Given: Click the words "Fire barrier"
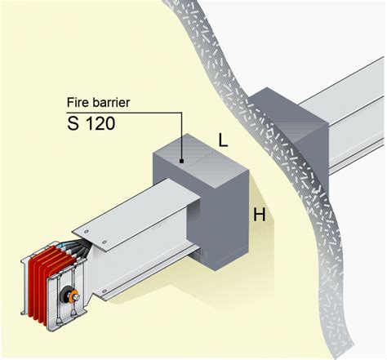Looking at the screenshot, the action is [x=98, y=103].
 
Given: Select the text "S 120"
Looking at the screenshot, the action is [x=91, y=123].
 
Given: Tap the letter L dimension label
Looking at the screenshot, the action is [x=223, y=141].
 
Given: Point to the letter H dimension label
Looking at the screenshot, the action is [x=260, y=215].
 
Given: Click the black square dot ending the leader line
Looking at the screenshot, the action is [x=181, y=162].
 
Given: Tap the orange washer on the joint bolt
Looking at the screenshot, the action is [x=73, y=296].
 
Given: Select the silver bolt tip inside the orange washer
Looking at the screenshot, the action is [x=77, y=296].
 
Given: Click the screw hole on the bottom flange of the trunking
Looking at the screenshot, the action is [x=104, y=291].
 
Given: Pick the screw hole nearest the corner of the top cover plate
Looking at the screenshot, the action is [x=87, y=232].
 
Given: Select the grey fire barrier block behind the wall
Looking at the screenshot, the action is [x=292, y=128].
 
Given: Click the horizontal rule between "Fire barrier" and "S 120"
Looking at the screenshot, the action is [x=124, y=113].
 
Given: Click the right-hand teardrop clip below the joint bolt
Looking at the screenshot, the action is [x=73, y=313].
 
